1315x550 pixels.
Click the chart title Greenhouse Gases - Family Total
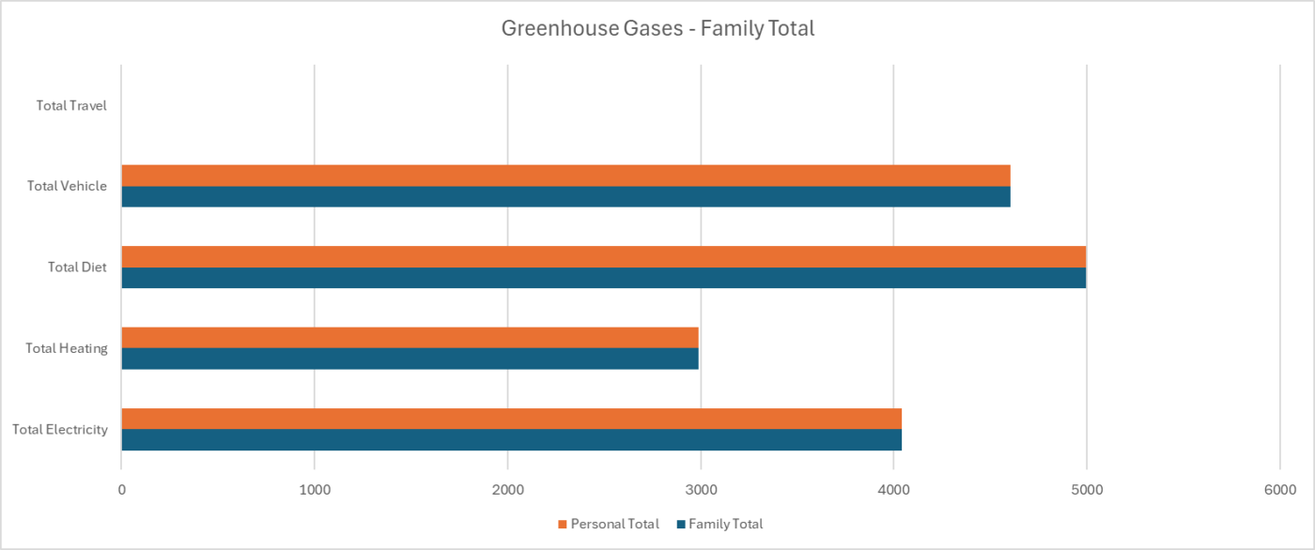point(657,29)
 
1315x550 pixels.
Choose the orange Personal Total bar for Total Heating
point(410,337)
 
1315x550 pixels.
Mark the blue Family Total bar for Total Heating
point(410,359)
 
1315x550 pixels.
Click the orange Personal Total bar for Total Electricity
point(511,419)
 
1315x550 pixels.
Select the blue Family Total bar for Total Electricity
point(511,439)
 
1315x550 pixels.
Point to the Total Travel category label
point(71,105)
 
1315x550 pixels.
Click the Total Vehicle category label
point(67,186)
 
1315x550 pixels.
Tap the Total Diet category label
point(77,267)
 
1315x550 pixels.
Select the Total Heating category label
point(67,348)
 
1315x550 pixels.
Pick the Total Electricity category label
point(60,430)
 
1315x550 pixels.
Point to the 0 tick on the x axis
point(121,490)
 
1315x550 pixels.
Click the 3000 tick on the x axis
point(701,490)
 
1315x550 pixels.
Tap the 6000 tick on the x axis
point(1279,490)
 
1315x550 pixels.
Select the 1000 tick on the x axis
point(315,490)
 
